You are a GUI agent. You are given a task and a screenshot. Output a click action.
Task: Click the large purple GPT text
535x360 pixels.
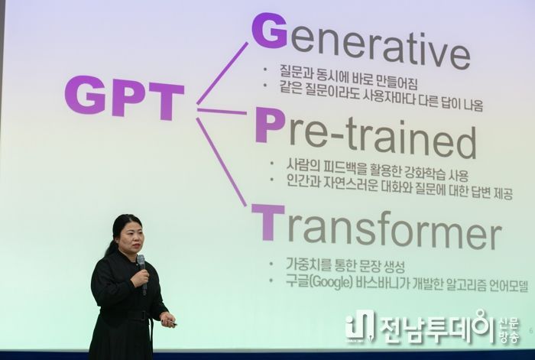click(x=125, y=97)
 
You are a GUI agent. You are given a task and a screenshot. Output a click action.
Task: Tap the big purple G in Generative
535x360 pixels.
click(x=269, y=31)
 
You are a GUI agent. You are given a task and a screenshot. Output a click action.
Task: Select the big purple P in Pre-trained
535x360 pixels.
click(x=270, y=125)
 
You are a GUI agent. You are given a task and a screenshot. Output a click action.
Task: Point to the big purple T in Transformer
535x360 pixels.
click(x=267, y=222)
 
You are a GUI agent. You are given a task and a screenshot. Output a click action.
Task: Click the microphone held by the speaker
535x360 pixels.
click(x=142, y=274)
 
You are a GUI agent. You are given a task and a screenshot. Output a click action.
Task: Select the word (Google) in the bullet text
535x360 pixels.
click(x=331, y=283)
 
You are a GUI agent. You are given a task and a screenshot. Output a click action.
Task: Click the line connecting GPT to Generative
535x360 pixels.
click(x=222, y=73)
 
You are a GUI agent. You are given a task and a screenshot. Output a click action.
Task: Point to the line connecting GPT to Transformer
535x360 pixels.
click(x=221, y=162)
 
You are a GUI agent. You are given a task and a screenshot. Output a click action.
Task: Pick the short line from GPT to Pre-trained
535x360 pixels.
click(x=222, y=111)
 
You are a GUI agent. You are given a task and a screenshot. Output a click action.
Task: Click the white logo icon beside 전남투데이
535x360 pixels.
click(x=360, y=326)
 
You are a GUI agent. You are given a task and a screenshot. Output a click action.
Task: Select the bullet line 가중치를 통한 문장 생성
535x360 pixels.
click(x=345, y=265)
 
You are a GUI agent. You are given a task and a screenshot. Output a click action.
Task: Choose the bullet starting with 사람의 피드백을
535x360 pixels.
click(x=377, y=170)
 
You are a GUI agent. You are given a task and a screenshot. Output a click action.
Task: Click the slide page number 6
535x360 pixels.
click(x=530, y=330)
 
